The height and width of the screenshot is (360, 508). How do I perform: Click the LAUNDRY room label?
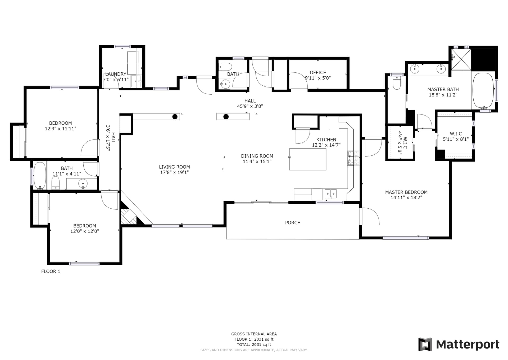coord(116,74)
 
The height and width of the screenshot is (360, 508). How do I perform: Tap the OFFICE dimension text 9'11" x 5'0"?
coord(318,78)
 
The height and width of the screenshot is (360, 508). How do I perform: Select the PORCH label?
coord(293,223)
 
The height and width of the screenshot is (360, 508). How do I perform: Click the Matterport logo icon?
coord(425,344)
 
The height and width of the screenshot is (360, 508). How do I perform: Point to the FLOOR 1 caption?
coord(51,271)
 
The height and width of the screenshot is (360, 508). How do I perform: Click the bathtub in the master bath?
coord(483,91)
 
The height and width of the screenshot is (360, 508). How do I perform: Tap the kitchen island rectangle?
coord(308,159)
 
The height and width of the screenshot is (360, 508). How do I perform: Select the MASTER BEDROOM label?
coord(406,192)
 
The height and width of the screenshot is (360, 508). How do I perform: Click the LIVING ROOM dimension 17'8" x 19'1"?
coord(174,172)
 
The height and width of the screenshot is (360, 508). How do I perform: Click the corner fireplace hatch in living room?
coord(129,216)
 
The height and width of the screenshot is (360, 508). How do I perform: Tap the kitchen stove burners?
coord(353,158)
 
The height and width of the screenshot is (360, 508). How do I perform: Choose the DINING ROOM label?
coord(257,156)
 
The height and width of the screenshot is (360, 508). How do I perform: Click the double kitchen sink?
coord(330,194)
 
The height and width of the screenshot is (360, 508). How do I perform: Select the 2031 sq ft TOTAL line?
coord(254,345)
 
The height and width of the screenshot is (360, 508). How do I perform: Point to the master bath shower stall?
coord(461,59)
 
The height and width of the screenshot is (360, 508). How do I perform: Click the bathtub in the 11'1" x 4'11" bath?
coord(40,176)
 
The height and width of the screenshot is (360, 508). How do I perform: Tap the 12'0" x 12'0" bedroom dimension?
coord(85,231)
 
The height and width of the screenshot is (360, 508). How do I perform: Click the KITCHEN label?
coord(326,140)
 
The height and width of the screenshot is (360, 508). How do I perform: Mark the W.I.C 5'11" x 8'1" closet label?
coord(456,137)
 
